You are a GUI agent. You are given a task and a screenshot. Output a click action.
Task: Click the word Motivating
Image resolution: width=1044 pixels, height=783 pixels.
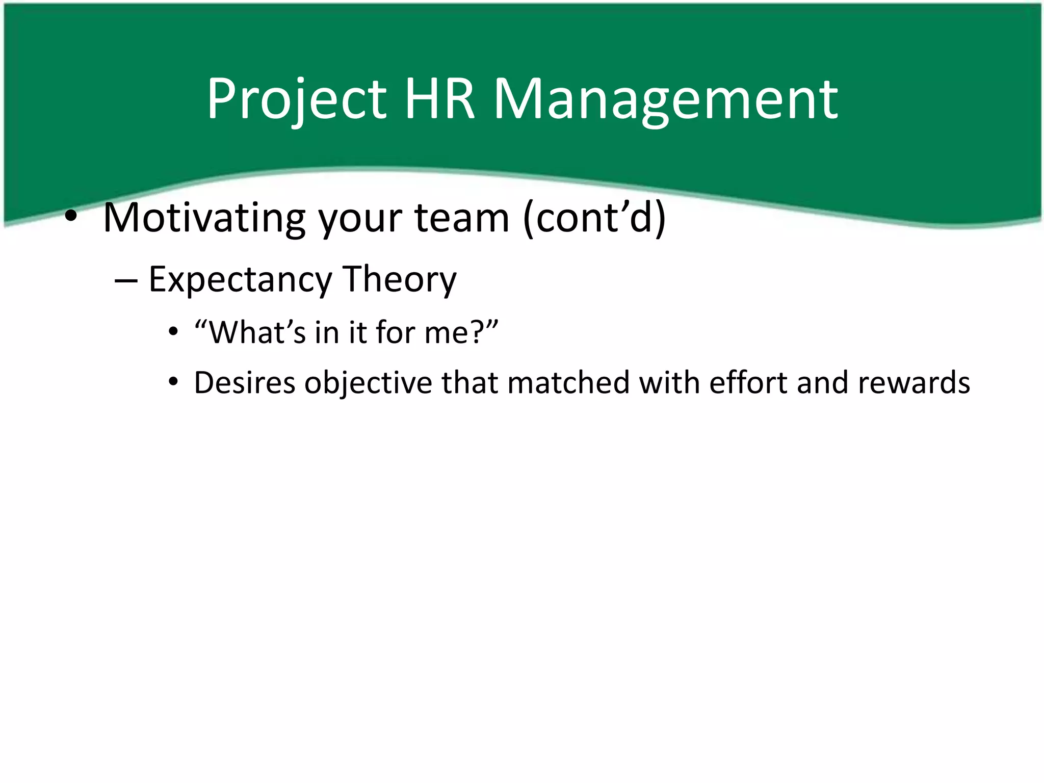coord(204,218)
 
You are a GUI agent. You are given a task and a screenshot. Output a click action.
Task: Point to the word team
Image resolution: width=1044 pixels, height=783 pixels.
coord(462,218)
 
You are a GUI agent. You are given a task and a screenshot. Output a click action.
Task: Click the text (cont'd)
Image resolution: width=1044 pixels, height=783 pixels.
coord(594,218)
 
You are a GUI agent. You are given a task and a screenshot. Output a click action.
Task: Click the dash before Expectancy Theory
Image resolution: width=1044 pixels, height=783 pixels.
coord(125,280)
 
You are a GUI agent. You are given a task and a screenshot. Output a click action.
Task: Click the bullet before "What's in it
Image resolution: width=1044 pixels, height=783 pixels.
coord(174,333)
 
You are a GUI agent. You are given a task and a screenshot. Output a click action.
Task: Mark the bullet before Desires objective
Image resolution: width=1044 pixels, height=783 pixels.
coord(174,382)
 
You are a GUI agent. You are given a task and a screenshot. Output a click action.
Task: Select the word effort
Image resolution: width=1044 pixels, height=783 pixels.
coord(748,382)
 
